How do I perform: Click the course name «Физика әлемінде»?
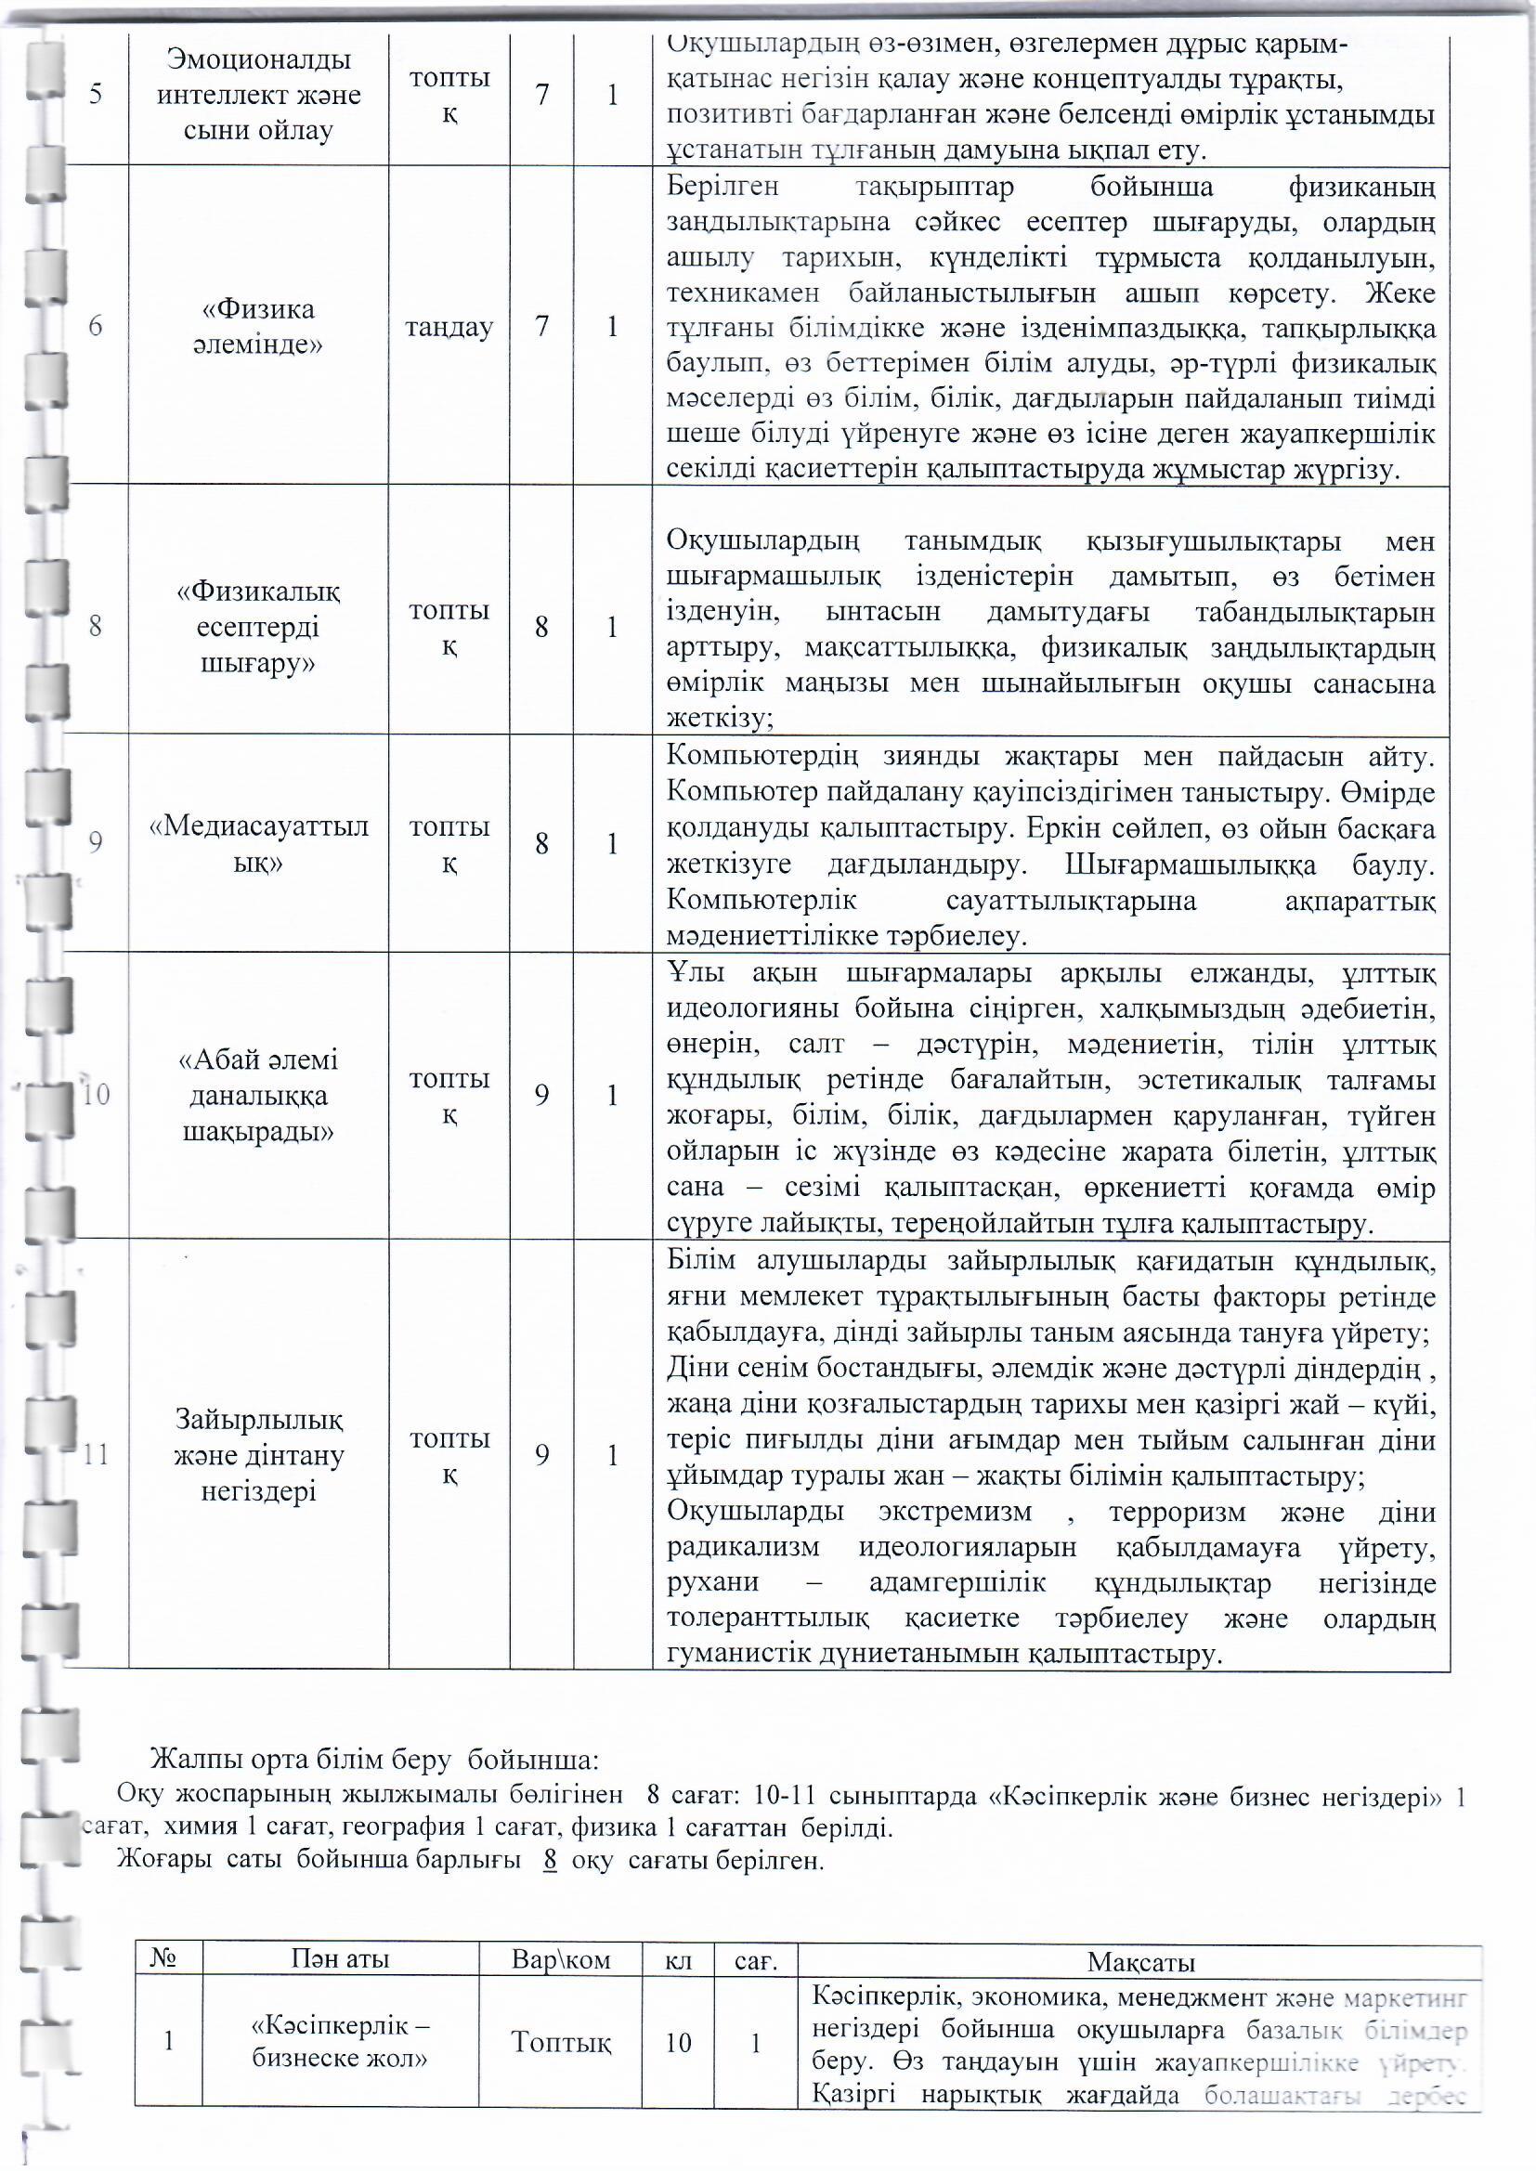point(257,326)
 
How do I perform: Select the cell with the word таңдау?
point(449,327)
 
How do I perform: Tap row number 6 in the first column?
point(96,326)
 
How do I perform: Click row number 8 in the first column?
point(96,626)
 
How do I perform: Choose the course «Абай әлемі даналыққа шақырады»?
point(258,1096)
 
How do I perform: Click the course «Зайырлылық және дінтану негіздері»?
point(258,1455)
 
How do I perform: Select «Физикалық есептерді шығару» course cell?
point(258,627)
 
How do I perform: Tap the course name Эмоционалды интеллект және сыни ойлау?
point(258,95)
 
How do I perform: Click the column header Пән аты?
point(340,1960)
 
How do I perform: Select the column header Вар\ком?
point(561,1960)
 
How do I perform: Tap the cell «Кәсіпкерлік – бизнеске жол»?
point(340,2043)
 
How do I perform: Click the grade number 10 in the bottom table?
point(678,2043)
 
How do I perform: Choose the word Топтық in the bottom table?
point(561,2043)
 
